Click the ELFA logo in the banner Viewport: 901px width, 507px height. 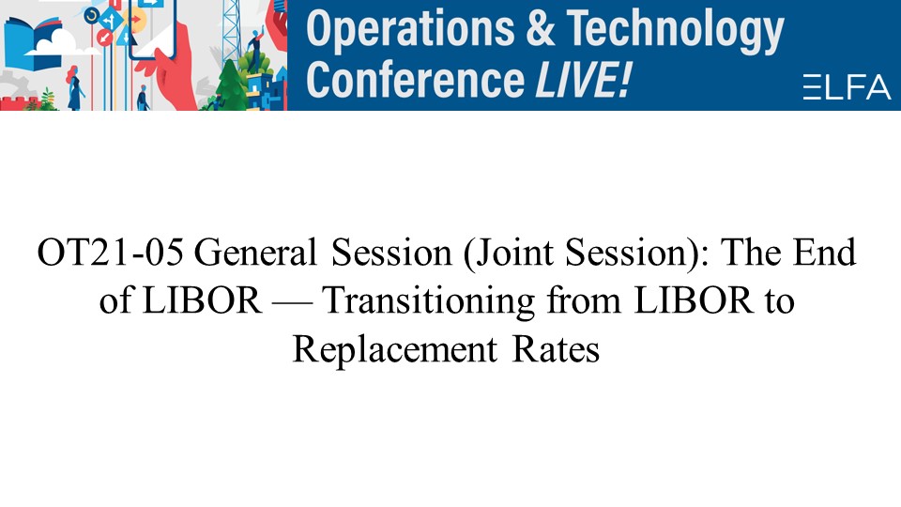[847, 86]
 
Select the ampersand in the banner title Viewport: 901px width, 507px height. [541, 29]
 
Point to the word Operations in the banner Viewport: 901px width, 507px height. [410, 30]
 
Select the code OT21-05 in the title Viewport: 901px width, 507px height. [111, 253]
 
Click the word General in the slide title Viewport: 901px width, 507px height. [255, 253]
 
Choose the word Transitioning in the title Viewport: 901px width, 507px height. [429, 301]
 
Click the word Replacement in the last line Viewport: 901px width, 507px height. [395, 349]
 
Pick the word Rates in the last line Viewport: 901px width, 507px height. [556, 349]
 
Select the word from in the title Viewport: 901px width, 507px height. [584, 300]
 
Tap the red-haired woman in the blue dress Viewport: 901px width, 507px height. [74, 87]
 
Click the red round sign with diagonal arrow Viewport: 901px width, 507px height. [104, 38]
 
